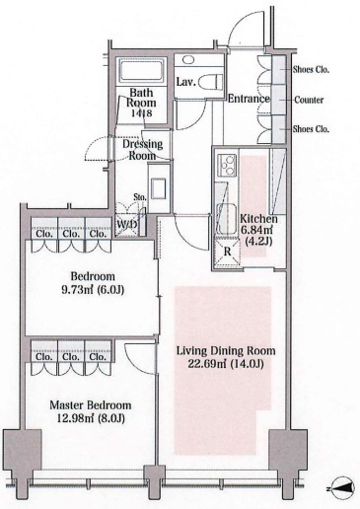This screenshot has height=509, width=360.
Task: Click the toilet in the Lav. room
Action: click(211, 81)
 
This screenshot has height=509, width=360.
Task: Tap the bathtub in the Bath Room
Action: click(142, 71)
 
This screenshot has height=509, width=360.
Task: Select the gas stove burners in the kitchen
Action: click(227, 165)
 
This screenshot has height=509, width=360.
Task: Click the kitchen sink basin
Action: click(227, 219)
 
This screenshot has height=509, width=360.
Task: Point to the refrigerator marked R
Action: click(227, 253)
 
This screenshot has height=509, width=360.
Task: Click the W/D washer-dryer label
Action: click(127, 225)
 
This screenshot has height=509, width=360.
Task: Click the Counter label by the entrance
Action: click(309, 100)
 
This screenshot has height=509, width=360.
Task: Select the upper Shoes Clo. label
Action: click(311, 69)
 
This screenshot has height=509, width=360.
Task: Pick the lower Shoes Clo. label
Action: click(311, 129)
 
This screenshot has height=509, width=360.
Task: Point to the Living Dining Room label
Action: click(226, 351)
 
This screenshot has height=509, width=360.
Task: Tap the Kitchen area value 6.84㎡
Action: click(258, 230)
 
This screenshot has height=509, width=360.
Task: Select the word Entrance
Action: click(249, 99)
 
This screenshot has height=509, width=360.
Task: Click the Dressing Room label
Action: click(142, 150)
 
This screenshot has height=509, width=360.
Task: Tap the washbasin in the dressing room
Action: click(159, 188)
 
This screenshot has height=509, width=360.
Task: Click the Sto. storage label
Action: click(139, 197)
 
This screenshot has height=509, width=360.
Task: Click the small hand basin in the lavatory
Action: click(187, 60)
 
